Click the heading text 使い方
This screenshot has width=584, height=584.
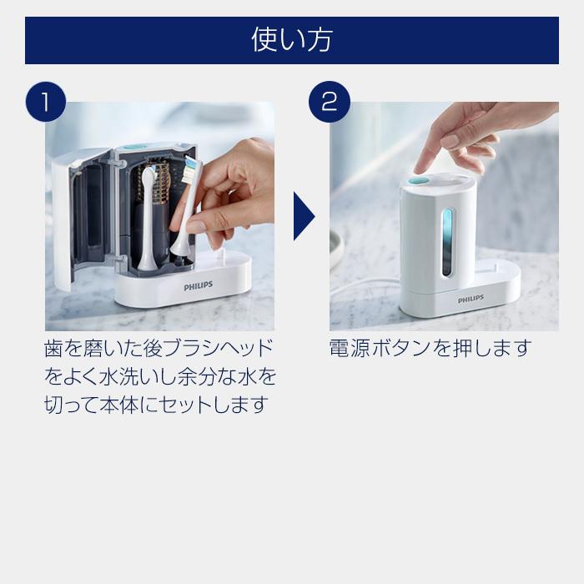(291, 40)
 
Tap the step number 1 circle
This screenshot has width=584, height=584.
(46, 102)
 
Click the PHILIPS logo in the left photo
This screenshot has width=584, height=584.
(198, 285)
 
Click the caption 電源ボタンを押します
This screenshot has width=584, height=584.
(430, 348)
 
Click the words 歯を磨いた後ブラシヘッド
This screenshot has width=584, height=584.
(158, 348)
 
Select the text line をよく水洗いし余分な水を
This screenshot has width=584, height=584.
(159, 376)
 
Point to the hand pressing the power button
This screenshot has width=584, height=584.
(467, 133)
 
